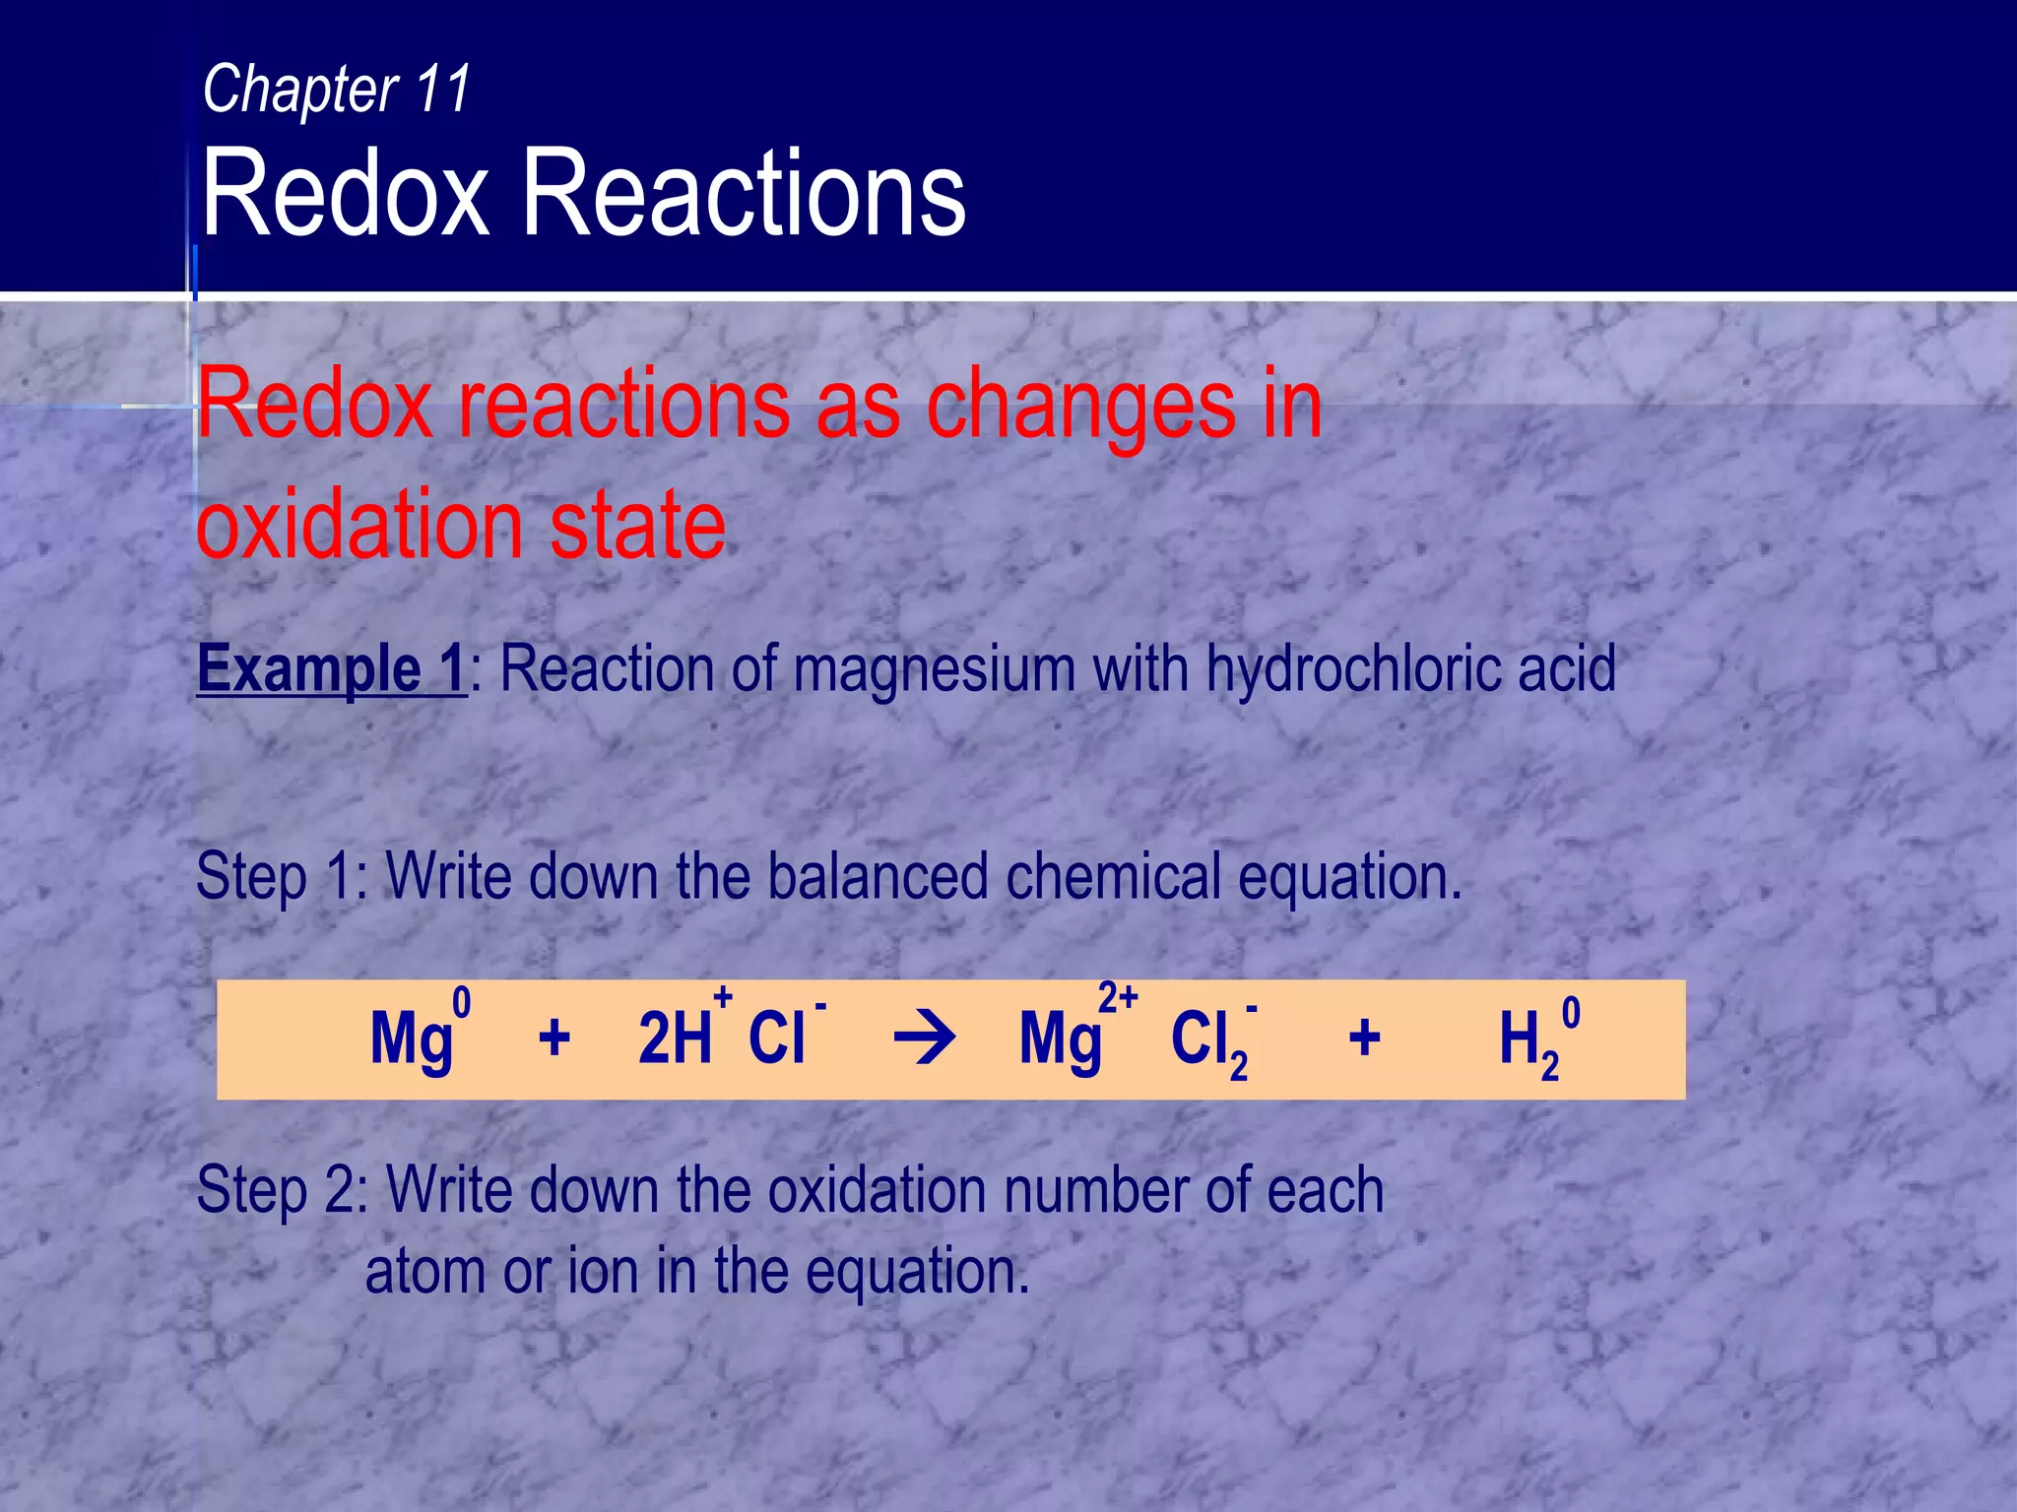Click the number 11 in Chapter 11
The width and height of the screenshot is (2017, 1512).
coord(442,89)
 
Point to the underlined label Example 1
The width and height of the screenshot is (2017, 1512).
coord(331,669)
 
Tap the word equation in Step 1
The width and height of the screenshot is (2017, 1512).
coord(1349,878)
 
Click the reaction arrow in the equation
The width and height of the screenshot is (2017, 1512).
coord(923,1039)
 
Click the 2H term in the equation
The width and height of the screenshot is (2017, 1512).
coord(675,1039)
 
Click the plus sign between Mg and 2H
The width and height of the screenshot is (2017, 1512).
coord(554,1039)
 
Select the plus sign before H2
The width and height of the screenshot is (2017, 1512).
coord(1364,1039)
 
